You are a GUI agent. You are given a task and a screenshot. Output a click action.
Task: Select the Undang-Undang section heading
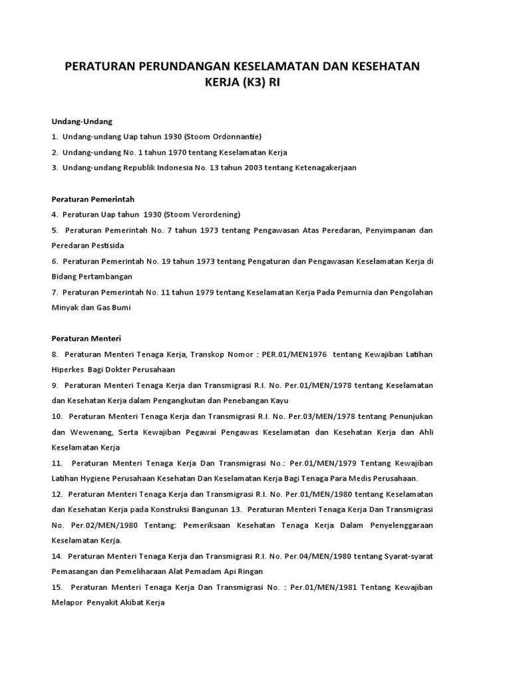(83, 121)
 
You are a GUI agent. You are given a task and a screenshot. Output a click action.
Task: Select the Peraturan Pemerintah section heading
(93, 199)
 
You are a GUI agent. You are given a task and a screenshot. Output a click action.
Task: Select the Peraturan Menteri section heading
(86, 339)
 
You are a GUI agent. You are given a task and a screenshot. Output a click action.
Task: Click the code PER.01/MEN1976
(294, 354)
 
